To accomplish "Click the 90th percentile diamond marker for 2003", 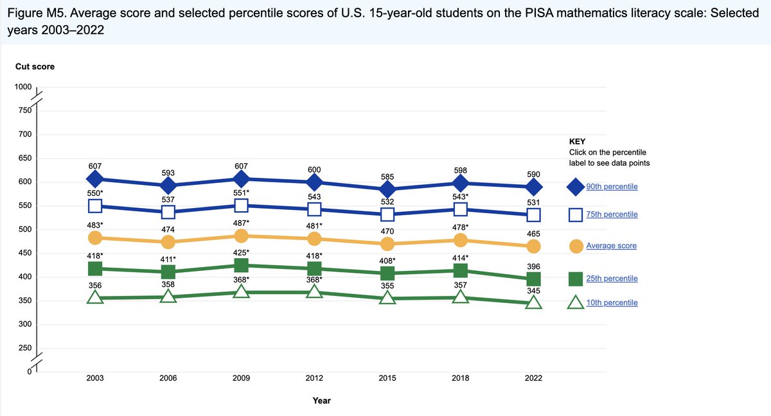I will click(95, 178).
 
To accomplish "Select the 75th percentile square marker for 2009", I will click(241, 205).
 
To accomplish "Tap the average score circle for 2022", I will click(533, 247).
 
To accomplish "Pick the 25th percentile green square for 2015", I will click(387, 273).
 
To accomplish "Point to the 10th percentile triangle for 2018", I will click(460, 297).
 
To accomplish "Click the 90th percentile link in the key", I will click(612, 186).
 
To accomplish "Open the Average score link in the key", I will click(611, 246).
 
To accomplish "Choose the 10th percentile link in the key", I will click(612, 302).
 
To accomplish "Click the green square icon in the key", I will click(576, 279).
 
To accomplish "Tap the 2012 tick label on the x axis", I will click(314, 378).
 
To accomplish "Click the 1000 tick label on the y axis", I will click(23, 87).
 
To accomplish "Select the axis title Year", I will click(321, 401).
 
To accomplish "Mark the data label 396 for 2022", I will click(533, 266).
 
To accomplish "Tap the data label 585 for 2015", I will click(387, 177).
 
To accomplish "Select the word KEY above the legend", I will click(577, 141).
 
